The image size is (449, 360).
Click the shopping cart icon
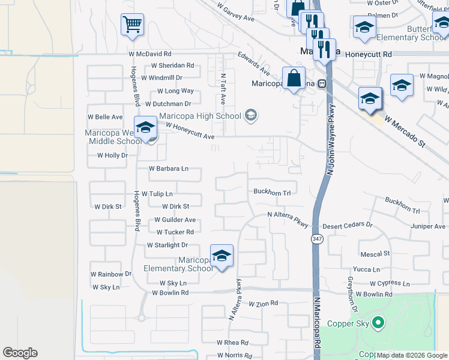click(x=132, y=25)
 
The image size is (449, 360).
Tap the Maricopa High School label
click(x=200, y=116)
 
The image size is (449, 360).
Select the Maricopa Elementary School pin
click(x=221, y=256)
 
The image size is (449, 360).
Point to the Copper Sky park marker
click(x=378, y=323)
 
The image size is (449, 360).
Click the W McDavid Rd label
click(x=149, y=54)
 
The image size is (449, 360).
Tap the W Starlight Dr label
click(x=167, y=245)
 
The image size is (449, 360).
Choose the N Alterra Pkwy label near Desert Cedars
click(x=288, y=219)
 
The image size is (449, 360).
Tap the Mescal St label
click(x=375, y=254)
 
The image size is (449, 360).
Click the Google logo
click(x=20, y=353)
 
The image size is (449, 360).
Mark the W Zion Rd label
click(x=263, y=304)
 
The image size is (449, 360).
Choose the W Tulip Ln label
click(x=152, y=194)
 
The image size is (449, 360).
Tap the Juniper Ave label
click(x=428, y=226)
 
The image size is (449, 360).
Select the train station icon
click(x=322, y=83)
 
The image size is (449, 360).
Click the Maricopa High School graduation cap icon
click(x=251, y=115)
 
